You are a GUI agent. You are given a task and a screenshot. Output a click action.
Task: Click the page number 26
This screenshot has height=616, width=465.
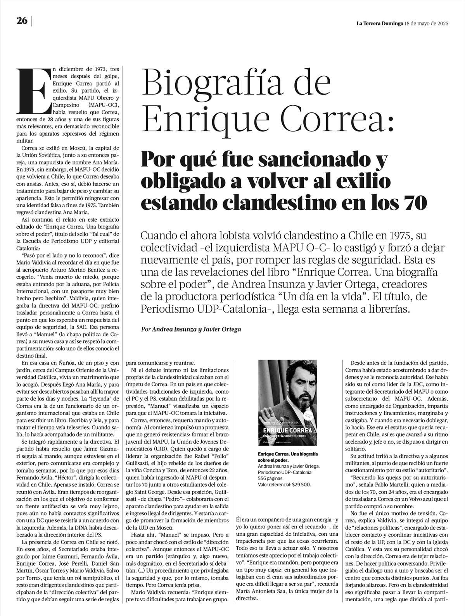(22, 21)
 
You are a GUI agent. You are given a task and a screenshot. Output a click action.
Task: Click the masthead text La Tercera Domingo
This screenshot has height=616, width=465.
(379, 23)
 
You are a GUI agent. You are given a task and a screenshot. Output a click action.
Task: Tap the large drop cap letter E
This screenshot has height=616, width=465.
(34, 90)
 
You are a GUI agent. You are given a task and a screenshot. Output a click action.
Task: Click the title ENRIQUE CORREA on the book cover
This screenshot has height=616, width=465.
(287, 430)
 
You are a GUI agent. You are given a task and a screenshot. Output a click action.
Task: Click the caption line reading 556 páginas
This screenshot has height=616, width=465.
(270, 478)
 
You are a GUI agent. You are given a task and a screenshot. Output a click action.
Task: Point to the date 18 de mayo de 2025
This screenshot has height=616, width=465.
(426, 23)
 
